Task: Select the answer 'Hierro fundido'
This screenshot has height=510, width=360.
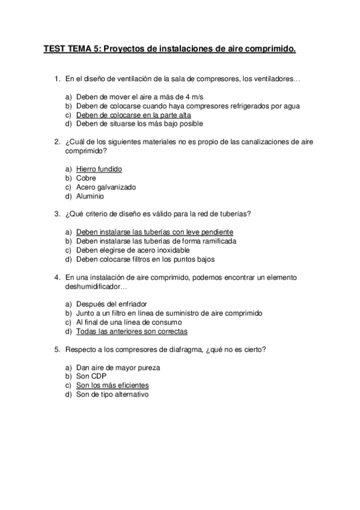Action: coord(99,169)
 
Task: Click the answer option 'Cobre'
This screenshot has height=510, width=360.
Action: coord(86,178)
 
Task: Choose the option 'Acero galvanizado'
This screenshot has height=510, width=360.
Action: coord(106,187)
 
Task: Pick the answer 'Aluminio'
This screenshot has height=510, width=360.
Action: coord(90,196)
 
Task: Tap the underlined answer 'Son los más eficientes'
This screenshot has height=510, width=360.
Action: coord(112,386)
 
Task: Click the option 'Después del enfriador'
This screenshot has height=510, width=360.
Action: coord(111,304)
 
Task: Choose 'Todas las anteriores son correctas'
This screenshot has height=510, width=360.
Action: coord(132,331)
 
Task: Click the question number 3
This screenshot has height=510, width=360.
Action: coord(56,214)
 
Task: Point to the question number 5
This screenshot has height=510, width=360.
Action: coord(56,349)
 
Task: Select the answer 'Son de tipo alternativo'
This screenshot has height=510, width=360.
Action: coord(112,395)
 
